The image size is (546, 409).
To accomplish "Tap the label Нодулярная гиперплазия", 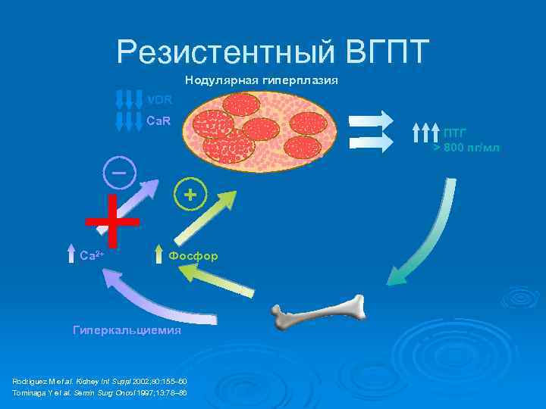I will [262, 80].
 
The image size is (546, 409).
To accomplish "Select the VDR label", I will [159, 100].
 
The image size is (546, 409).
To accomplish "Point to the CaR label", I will [158, 120].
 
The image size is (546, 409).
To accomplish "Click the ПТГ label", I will [455, 133].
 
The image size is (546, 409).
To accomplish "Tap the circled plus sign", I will [190, 195].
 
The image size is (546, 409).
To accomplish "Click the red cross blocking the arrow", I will [112, 221].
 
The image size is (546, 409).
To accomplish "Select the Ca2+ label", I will [92, 256].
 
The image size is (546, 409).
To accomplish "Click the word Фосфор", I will [193, 256].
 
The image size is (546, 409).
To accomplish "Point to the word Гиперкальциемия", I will [127, 331].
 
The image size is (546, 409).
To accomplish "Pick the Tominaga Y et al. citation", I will [99, 393].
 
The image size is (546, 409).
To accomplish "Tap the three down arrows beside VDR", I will [129, 100].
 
